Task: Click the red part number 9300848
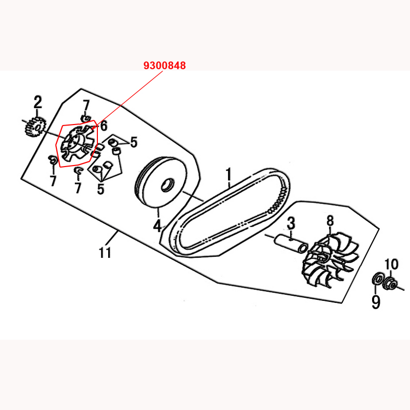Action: click(165, 66)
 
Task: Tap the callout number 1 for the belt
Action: click(229, 175)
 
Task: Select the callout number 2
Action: click(38, 102)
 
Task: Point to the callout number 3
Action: click(291, 223)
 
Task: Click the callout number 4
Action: click(157, 226)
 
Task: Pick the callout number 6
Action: click(104, 126)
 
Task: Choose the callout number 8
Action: click(330, 221)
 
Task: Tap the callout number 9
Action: click(376, 302)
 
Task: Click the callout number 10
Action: click(391, 264)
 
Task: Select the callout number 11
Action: click(105, 252)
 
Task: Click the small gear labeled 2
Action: click(36, 127)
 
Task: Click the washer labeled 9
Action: click(377, 279)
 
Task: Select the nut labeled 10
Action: click(390, 284)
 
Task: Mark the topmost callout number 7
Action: click(86, 106)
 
